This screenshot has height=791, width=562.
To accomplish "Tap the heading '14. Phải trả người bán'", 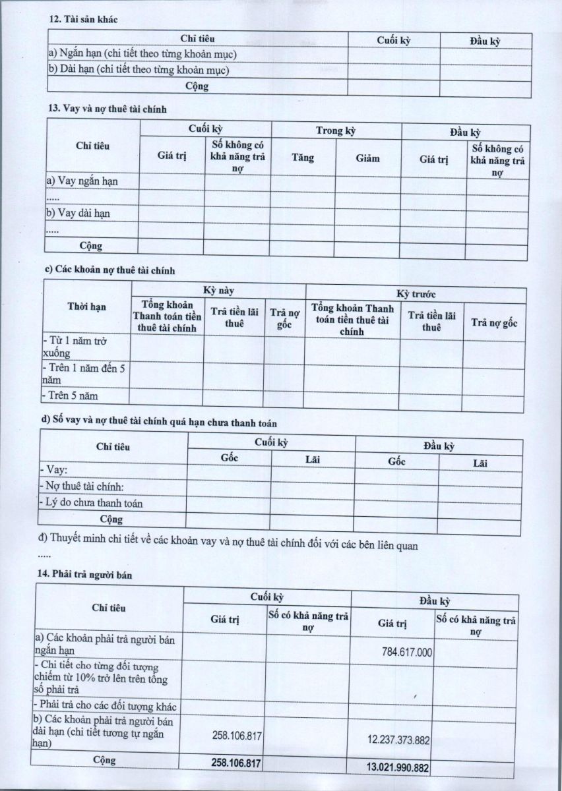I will click(85, 575).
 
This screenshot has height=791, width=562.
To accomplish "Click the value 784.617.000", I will click(406, 652).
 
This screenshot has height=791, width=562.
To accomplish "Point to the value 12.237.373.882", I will click(398, 740).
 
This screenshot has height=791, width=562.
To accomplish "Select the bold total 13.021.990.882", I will click(397, 767).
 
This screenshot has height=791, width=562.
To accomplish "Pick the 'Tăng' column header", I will click(303, 158).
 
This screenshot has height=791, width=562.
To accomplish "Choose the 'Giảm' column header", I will click(367, 158).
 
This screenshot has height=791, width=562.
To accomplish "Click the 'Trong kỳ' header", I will click(336, 131).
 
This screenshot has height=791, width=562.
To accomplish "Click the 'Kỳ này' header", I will click(218, 290).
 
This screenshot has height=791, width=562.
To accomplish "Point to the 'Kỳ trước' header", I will click(415, 294).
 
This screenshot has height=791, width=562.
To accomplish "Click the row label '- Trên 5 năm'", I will click(69, 396).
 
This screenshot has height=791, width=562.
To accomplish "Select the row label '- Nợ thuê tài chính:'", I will click(82, 486).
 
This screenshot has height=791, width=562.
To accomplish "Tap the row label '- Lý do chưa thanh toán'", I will click(91, 503).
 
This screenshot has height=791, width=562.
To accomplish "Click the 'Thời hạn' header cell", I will click(86, 307).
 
